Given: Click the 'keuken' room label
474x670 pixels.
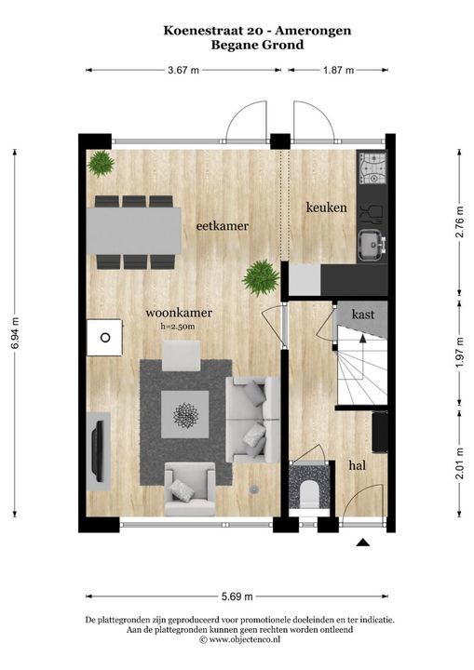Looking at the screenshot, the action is pyautogui.click(x=327, y=208).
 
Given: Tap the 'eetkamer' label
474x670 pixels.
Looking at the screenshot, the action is pyautogui.click(x=222, y=225).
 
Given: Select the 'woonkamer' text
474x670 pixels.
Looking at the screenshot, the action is pyautogui.click(x=179, y=313).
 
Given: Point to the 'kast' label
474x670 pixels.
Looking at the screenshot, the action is pyautogui.click(x=363, y=315).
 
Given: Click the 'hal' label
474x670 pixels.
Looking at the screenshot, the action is pyautogui.click(x=358, y=465).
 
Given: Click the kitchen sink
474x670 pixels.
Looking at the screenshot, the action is pyautogui.click(x=372, y=245).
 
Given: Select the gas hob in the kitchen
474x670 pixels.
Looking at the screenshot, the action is pyautogui.click(x=372, y=169).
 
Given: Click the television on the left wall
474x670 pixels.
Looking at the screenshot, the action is pyautogui.click(x=99, y=450).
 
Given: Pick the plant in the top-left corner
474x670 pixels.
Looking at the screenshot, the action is pyautogui.click(x=102, y=164).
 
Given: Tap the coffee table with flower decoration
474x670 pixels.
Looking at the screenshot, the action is pyautogui.click(x=185, y=414).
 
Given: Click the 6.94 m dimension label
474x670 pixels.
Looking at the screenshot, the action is pyautogui.click(x=16, y=333).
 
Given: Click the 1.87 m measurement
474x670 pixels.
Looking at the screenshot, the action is pyautogui.click(x=338, y=70).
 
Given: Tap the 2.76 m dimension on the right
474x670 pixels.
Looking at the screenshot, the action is pyautogui.click(x=459, y=222).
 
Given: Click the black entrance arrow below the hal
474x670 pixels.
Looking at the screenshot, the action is pyautogui.click(x=363, y=543).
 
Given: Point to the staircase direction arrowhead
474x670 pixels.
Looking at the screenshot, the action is pyautogui.click(x=363, y=339).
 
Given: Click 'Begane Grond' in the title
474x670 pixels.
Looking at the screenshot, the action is pyautogui.click(x=257, y=45).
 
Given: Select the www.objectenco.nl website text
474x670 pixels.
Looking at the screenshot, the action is pyautogui.click(x=244, y=639).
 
